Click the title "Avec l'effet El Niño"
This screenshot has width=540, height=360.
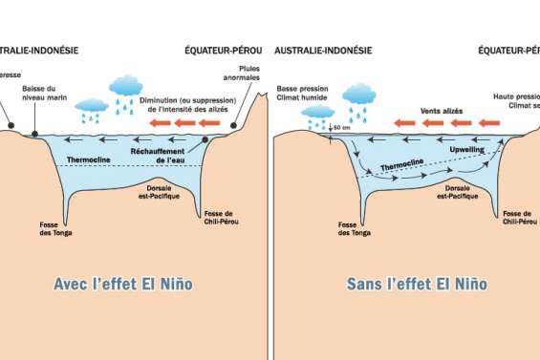click(131, 285)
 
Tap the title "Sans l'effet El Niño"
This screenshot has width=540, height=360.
click(405, 285)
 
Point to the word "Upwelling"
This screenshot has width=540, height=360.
click(467, 151)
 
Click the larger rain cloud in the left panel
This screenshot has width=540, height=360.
click(125, 89)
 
